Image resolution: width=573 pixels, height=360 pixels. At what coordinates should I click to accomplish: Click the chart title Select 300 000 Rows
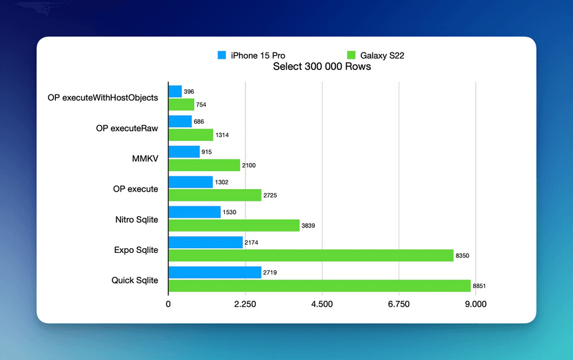point(322,67)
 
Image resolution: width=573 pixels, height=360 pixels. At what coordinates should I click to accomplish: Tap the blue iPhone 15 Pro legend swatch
point(222,55)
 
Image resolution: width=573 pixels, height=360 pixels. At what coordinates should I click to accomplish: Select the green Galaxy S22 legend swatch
point(352,55)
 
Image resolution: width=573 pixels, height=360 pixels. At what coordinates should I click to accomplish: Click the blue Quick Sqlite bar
point(214,273)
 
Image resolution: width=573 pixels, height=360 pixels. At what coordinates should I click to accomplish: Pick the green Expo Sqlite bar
point(311,256)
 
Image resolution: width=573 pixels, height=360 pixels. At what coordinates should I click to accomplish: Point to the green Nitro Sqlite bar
point(234,226)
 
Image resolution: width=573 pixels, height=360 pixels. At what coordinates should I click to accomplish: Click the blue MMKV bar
point(184,152)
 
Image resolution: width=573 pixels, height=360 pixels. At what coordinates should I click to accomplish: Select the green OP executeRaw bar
point(190,135)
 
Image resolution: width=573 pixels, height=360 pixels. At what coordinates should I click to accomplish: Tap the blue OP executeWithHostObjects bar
point(175,91)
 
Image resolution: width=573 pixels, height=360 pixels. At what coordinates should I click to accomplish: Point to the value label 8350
point(463,256)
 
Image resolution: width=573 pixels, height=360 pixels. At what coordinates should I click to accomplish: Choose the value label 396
point(190,91)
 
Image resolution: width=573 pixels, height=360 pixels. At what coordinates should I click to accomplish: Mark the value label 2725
point(272,196)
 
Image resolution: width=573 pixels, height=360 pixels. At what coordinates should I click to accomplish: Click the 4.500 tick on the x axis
point(322,304)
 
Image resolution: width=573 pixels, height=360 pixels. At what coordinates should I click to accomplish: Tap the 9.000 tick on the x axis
point(475,304)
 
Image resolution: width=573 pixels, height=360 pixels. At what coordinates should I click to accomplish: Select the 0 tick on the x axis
point(168,304)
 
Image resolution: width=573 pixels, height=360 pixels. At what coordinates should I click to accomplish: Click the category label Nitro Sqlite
point(136,220)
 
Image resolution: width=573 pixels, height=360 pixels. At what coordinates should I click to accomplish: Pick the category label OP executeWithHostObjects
point(103,98)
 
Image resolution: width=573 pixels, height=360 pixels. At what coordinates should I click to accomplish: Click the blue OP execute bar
point(190,182)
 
